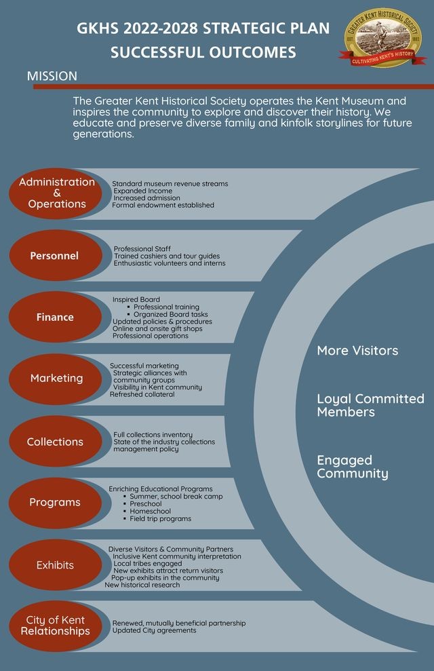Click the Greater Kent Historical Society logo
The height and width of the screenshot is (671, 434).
pyautogui.click(x=382, y=39)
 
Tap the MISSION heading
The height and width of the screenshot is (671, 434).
pyautogui.click(x=52, y=76)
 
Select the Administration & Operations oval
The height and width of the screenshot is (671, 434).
pyautogui.click(x=56, y=193)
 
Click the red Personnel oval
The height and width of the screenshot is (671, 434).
pyautogui.click(x=56, y=256)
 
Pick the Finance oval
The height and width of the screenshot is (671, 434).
pyautogui.click(x=56, y=317)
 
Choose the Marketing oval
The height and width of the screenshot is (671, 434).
pyautogui.click(x=56, y=379)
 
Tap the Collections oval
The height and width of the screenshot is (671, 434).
pyautogui.click(x=56, y=441)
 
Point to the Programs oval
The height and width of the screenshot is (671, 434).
pyautogui.click(x=56, y=503)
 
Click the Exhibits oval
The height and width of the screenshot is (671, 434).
pyautogui.click(x=56, y=565)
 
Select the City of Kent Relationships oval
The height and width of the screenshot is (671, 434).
pyautogui.click(x=56, y=626)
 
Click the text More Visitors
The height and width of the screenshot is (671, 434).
pyautogui.click(x=357, y=351)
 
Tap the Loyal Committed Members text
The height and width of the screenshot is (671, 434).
pyautogui.click(x=371, y=405)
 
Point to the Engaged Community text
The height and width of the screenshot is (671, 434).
pyautogui.click(x=353, y=467)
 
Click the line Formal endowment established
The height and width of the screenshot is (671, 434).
pyautogui.click(x=163, y=206)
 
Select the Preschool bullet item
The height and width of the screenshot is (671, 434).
pyautogui.click(x=145, y=504)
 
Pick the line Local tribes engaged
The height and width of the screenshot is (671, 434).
pyautogui.click(x=148, y=564)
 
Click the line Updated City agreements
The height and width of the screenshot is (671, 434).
pyautogui.click(x=155, y=630)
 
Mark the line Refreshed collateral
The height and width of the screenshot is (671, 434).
pyautogui.click(x=142, y=395)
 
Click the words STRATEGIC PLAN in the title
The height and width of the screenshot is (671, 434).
pyautogui.click(x=266, y=28)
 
